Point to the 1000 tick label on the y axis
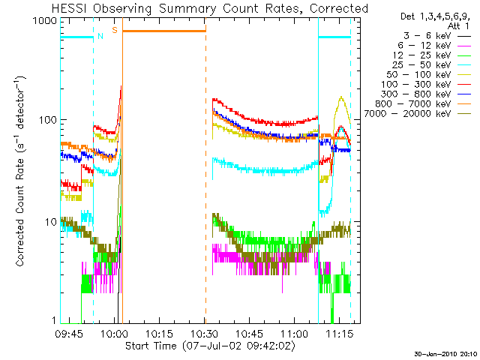(45, 21)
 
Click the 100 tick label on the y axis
(48, 120)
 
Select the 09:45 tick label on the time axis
(69, 334)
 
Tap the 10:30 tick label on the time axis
(205, 334)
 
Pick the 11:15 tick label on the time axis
(340, 334)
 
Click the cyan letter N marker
(100, 36)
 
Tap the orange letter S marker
(115, 30)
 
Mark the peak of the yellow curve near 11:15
(341, 97)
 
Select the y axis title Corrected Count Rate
(19, 212)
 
